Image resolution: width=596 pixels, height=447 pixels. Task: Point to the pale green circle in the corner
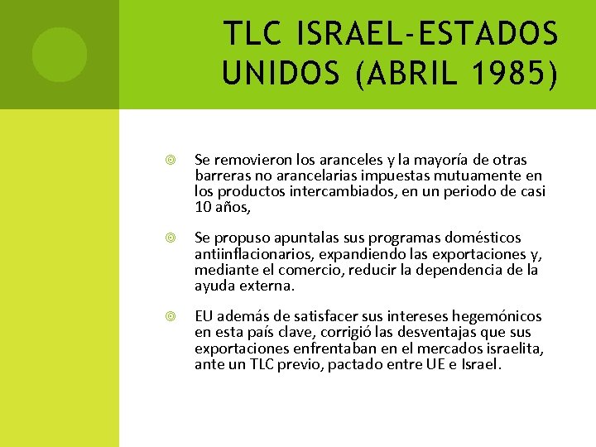pyautogui.click(x=59, y=54)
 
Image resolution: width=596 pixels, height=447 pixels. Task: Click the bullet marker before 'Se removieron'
pyautogui.click(x=170, y=160)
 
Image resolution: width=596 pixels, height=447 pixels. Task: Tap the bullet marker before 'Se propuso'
pyautogui.click(x=170, y=238)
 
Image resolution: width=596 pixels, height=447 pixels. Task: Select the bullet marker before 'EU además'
pyautogui.click(x=170, y=316)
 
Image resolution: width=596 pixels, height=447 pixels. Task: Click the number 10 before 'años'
pyautogui.click(x=203, y=206)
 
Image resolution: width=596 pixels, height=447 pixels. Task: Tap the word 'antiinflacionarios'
pyautogui.click(x=250, y=253)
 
